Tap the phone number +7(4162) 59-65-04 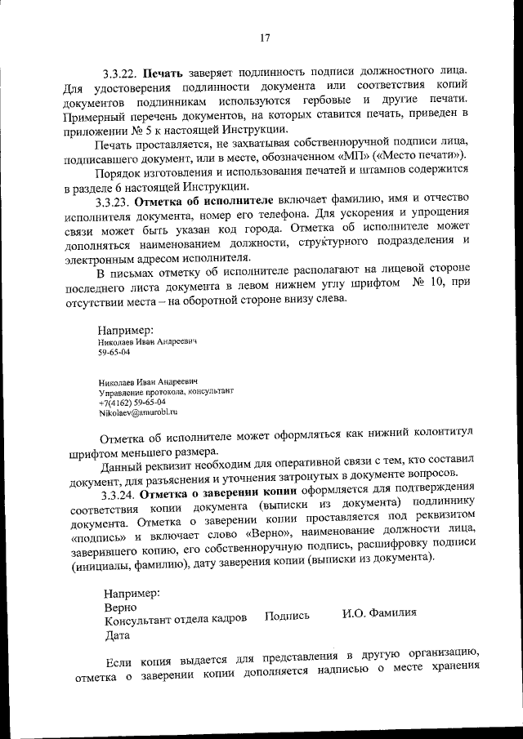point(132,403)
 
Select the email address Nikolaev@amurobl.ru point(137,413)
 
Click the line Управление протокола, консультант point(159,392)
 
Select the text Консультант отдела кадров point(175,619)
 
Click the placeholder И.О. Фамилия point(379,613)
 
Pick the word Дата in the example point(118,633)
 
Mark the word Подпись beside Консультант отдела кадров point(287,616)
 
